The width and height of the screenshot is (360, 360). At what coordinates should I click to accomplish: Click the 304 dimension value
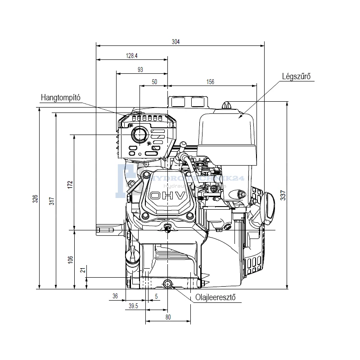(175, 42)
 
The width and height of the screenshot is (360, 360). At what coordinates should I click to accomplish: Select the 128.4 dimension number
(131, 56)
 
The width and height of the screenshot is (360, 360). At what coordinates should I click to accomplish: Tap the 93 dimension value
(140, 69)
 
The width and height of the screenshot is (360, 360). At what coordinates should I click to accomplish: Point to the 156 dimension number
(210, 82)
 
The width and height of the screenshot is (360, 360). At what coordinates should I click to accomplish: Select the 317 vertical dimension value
(53, 202)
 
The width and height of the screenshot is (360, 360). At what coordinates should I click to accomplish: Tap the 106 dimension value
(70, 260)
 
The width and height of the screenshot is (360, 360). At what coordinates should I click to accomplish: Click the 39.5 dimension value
(133, 306)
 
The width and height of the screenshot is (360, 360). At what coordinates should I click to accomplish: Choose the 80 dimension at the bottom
(168, 317)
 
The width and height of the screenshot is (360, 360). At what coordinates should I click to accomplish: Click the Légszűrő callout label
(296, 77)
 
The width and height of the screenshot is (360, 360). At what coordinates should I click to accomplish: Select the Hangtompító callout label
(60, 97)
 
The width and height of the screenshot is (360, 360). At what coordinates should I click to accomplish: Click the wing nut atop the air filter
(228, 106)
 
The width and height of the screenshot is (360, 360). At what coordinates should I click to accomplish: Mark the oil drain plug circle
(168, 283)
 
